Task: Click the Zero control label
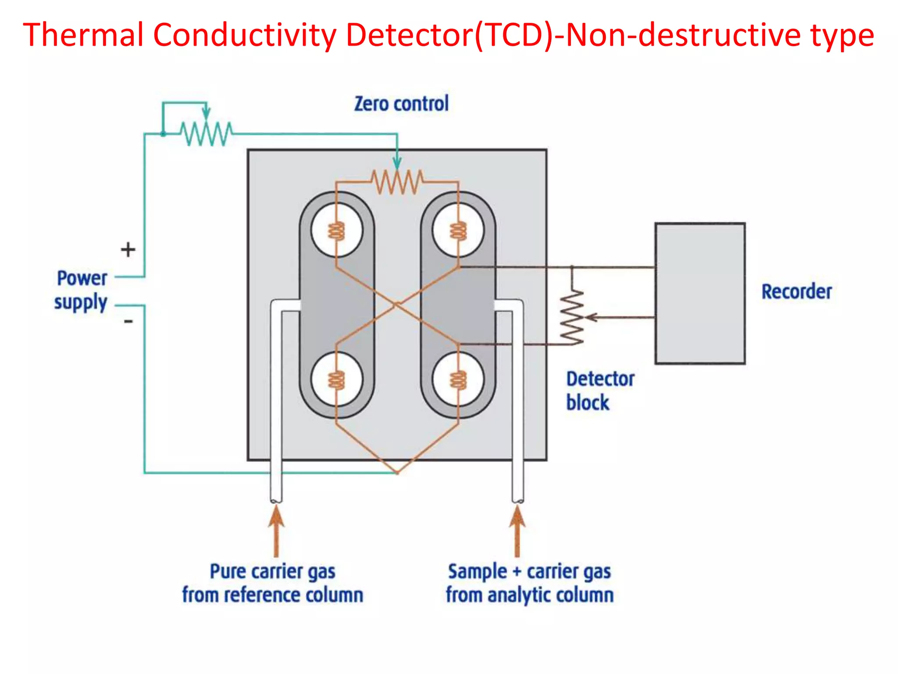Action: point(401,104)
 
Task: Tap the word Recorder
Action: point(796,292)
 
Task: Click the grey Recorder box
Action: point(700,293)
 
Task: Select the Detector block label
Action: point(599,391)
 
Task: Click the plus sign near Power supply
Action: point(128,250)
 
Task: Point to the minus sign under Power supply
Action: point(128,322)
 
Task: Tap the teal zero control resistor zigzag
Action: point(206,133)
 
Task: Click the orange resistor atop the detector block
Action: point(397,182)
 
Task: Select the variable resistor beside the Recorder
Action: point(572,317)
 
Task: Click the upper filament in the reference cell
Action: point(337,231)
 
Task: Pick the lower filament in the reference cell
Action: point(337,380)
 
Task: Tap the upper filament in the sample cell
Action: point(458,231)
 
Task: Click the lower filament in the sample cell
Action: point(458,380)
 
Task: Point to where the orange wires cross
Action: point(397,304)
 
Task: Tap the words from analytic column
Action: point(530,595)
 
